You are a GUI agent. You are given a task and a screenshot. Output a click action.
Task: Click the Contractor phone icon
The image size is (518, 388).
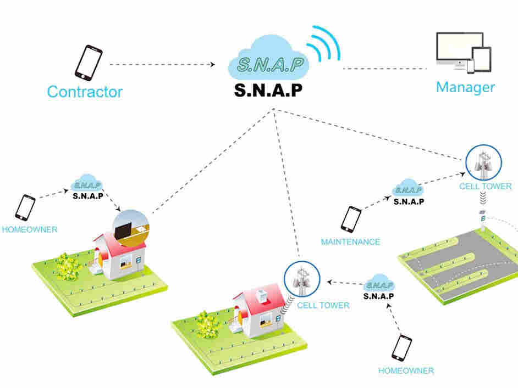click(x=89, y=61)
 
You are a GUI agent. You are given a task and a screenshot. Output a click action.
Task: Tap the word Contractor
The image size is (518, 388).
click(x=85, y=91)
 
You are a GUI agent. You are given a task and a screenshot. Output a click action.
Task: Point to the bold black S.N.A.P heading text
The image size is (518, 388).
click(x=268, y=90)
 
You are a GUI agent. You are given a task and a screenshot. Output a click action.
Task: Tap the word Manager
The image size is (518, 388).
click(x=465, y=87)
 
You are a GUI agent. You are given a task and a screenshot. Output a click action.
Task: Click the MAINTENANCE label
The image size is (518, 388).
click(x=350, y=241)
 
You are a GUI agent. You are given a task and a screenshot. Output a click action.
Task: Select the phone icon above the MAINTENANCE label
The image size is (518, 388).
click(x=351, y=219)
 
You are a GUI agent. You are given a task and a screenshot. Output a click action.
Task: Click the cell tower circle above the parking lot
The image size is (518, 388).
click(x=483, y=162)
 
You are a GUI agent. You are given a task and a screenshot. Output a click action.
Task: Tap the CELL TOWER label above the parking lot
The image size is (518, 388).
click(x=486, y=186)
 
